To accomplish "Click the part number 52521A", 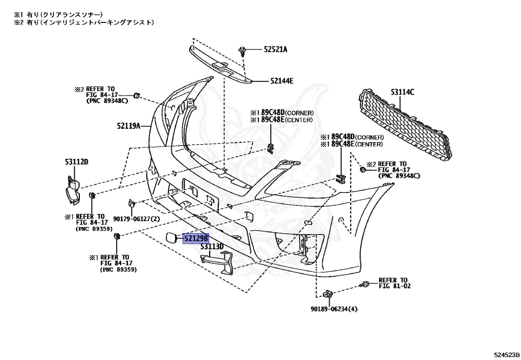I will coord(275,50).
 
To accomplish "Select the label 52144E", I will coord(281,80).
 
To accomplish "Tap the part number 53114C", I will coord(402,92).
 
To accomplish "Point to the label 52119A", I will coord(128,125).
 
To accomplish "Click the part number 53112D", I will coord(76,162).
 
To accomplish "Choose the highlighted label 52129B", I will coord(196,238).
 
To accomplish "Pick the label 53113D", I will coord(212,247).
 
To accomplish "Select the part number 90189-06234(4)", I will coord(334,309).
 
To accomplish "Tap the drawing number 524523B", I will coord(506,354).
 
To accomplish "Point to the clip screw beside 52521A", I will coord(243,50).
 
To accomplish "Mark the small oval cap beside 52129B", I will coord(170,238).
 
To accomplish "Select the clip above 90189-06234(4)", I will coord(328,293).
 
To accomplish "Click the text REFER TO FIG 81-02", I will coord(394,283).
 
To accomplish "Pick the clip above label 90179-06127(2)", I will coord(131,203).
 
